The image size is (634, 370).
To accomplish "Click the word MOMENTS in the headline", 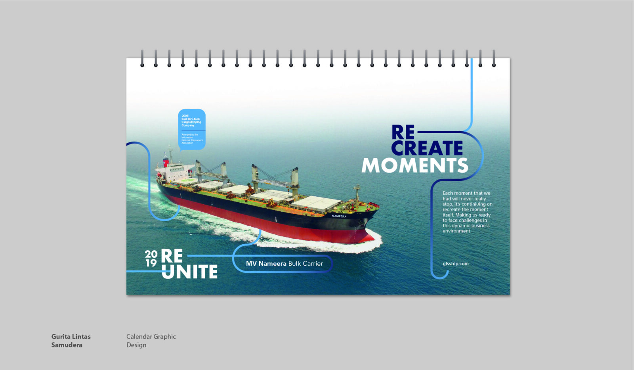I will pyautogui.click(x=414, y=165).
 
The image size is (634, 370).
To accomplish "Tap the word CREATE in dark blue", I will pyautogui.click(x=427, y=148).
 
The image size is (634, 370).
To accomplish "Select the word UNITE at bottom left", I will pyautogui.click(x=189, y=272).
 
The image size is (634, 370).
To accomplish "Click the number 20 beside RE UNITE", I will pyautogui.click(x=151, y=254).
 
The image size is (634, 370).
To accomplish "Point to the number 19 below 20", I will pyautogui.click(x=151, y=263).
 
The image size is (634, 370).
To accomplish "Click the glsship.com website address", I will pyautogui.click(x=455, y=264).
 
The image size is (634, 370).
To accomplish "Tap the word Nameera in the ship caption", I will pyautogui.click(x=272, y=264).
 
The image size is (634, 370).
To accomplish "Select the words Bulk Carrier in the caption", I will pyautogui.click(x=306, y=264).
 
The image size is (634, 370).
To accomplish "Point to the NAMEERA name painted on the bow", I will pyautogui.click(x=339, y=216).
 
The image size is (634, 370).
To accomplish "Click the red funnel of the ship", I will pyautogui.click(x=166, y=162).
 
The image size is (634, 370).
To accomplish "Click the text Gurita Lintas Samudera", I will pyautogui.click(x=71, y=341).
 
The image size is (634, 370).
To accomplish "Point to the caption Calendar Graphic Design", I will pyautogui.click(x=151, y=341).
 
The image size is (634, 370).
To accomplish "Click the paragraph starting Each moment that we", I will pyautogui.click(x=467, y=212).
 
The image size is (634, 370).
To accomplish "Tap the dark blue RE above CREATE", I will pyautogui.click(x=403, y=132).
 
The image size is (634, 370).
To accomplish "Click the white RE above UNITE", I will pyautogui.click(x=172, y=256).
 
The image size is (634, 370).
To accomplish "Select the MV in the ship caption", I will pyautogui.click(x=251, y=264).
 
